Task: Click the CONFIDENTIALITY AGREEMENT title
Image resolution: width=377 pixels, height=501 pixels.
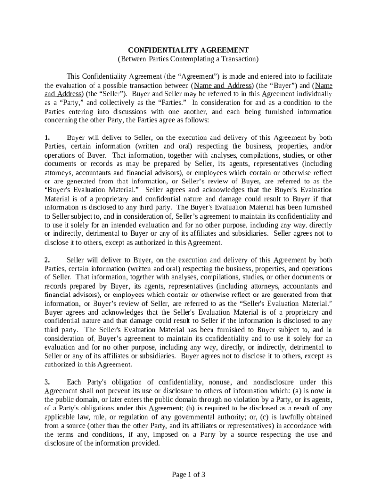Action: (x=188, y=50)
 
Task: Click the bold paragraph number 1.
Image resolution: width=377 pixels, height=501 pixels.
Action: (x=47, y=137)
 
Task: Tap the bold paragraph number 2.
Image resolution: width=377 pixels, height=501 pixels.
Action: (x=47, y=260)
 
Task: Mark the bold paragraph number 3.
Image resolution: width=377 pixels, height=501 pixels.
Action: (x=47, y=382)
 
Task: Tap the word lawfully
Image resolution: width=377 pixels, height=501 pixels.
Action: (x=278, y=417)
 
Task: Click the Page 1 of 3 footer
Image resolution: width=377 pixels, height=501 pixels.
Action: (x=188, y=474)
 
